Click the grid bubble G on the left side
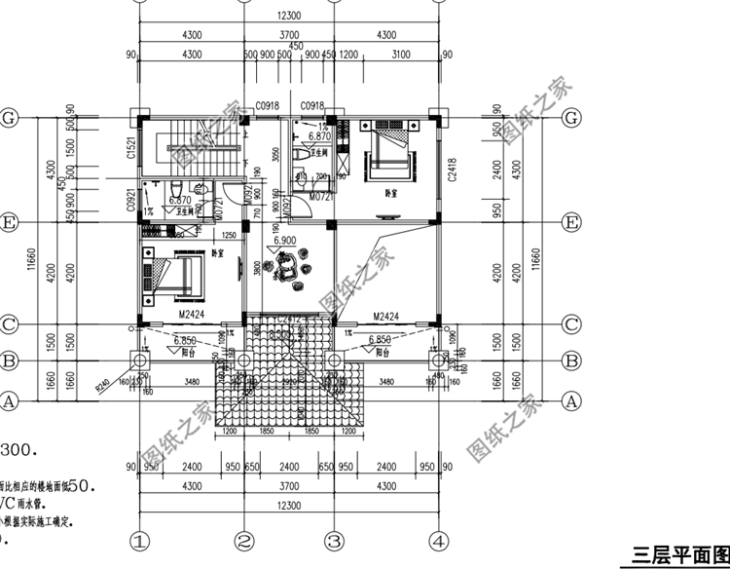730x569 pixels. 11,117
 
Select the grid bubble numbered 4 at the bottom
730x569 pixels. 439,540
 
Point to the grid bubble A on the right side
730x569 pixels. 571,399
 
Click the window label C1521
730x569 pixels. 130,148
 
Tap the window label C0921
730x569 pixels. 130,200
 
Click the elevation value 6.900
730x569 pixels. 285,240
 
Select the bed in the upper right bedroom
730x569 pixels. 385,155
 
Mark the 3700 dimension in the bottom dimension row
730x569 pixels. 288,485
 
